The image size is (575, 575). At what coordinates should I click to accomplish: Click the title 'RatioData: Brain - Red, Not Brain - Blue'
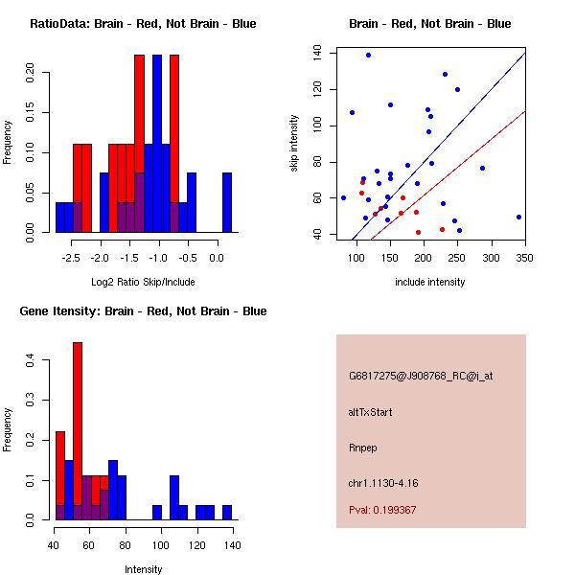pos(143,24)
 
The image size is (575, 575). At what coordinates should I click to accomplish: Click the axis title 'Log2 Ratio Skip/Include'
pos(143,282)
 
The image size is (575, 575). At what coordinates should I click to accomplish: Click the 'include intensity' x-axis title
pos(430,282)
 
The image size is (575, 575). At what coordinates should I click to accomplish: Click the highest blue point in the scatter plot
pos(368,56)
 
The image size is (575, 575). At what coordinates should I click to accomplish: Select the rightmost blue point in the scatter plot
pos(518,217)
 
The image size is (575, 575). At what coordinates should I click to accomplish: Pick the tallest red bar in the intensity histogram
pos(78,431)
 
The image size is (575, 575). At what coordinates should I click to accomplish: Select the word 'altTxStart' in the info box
pos(371,412)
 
